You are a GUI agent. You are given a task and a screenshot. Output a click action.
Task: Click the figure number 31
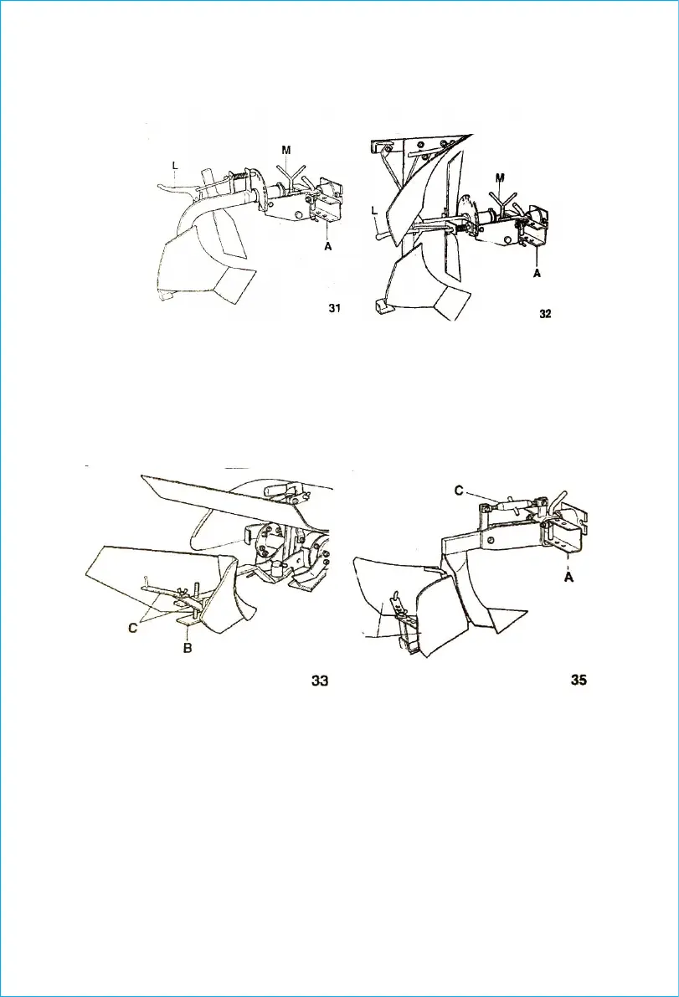[334, 309]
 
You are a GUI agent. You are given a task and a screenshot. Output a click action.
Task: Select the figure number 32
[545, 314]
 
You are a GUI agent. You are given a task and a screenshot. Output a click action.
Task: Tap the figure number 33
[319, 681]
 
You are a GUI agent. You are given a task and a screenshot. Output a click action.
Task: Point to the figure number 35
[579, 681]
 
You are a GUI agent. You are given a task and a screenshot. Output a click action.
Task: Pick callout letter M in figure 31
[286, 150]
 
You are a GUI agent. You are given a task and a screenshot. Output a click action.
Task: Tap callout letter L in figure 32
[374, 214]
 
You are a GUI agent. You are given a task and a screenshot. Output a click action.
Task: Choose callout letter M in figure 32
[500, 177]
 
